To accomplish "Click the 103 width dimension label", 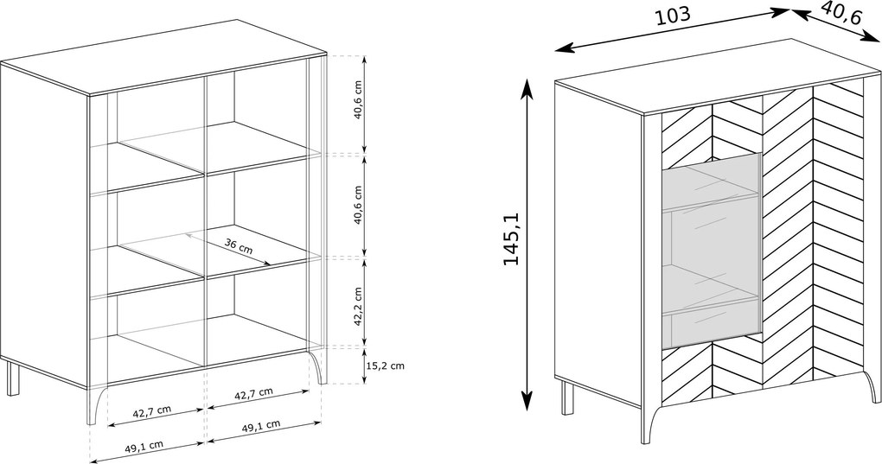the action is click(673, 16).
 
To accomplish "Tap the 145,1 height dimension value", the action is click(511, 238).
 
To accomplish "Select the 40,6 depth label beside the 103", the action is click(841, 12).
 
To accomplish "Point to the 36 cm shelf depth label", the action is click(239, 246).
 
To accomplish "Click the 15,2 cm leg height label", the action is click(385, 365).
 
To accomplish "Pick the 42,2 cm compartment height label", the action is click(358, 307).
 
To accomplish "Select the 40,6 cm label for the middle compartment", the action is click(358, 205).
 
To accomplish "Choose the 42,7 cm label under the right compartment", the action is click(253, 393).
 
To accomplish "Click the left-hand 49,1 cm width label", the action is click(144, 447).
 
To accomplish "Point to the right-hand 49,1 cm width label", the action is click(261, 426).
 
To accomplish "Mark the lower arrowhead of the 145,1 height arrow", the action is click(527, 401).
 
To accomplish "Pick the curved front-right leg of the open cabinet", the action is click(318, 367).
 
